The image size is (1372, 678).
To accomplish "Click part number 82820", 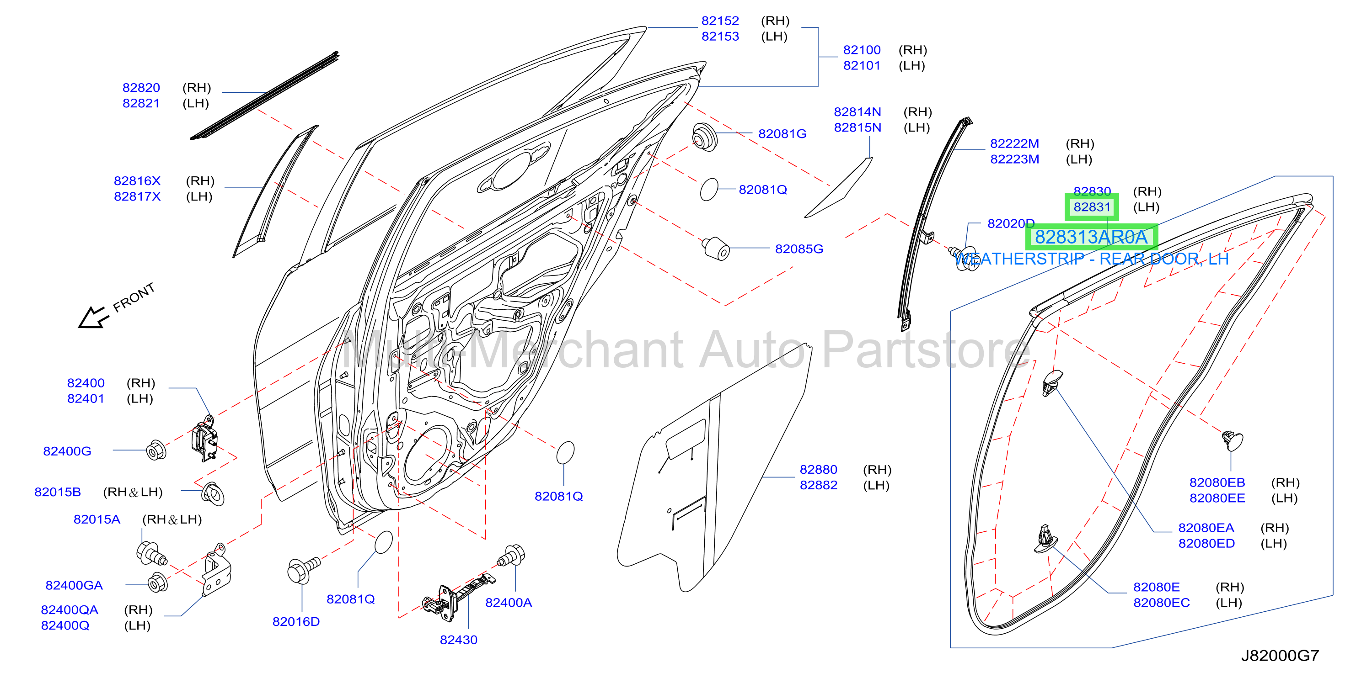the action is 141,87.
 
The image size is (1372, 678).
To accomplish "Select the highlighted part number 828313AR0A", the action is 1091,237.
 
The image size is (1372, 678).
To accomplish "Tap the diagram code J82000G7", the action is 1280,655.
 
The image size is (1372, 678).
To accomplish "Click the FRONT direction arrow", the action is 94,318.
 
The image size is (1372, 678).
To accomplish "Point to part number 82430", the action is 459,640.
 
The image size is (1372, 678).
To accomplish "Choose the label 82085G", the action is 799,249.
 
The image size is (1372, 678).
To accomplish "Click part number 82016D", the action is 296,622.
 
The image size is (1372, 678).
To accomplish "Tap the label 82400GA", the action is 74,585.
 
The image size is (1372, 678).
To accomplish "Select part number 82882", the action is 819,485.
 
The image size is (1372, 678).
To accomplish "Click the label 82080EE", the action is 1217,498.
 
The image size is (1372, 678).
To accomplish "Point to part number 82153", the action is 720,36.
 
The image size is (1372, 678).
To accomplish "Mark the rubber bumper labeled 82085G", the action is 715,249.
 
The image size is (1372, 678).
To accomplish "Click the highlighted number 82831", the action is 1092,207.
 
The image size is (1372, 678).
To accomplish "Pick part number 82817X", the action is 137,196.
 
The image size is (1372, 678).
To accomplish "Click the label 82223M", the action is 1015,159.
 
